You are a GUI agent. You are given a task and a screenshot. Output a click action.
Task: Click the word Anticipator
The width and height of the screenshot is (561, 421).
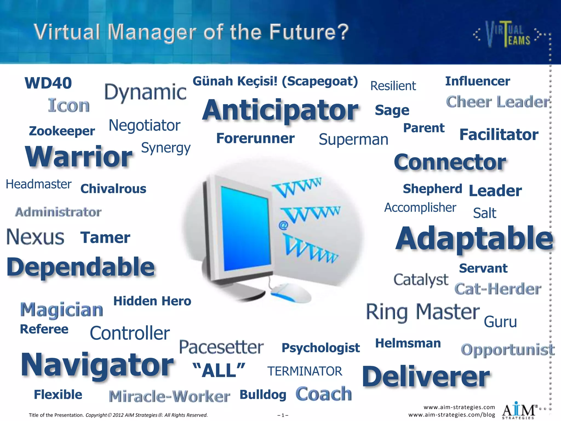click(x=280, y=111)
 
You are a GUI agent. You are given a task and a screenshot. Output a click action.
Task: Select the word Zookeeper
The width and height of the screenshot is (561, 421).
click(x=62, y=131)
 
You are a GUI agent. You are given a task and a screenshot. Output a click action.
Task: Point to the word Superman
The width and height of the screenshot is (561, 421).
click(x=353, y=140)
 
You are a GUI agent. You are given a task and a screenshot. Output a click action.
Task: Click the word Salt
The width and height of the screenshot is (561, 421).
click(x=484, y=213)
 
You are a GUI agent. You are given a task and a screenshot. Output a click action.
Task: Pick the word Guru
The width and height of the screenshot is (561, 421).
click(x=500, y=322)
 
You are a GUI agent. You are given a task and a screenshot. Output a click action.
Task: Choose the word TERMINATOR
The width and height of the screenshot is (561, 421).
click(x=305, y=371)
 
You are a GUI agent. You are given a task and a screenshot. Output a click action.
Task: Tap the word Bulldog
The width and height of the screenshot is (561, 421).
click(x=263, y=395)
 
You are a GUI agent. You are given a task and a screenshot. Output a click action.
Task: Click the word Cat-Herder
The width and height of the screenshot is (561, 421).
click(x=498, y=289)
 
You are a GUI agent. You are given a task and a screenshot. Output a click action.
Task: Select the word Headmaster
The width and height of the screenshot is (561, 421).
click(x=39, y=184)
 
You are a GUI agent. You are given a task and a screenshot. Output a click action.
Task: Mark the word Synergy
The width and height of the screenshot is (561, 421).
click(x=166, y=148)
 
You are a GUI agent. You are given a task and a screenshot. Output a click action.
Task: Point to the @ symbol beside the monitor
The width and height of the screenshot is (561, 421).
click(x=283, y=225)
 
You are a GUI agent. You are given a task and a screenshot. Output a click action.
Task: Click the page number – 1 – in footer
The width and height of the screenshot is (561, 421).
click(x=283, y=415)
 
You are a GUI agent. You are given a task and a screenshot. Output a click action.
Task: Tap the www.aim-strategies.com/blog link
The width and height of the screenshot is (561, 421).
click(x=451, y=415)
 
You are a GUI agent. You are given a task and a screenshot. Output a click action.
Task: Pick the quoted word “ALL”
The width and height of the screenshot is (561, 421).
click(x=219, y=371)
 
